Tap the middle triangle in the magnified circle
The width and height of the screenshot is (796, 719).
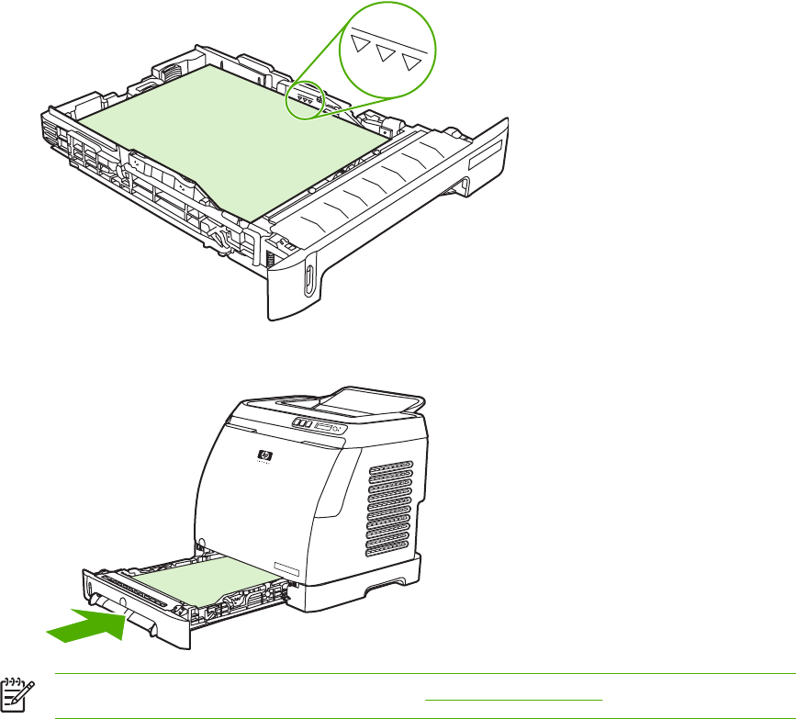click(387, 57)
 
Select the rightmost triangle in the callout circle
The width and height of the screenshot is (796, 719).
click(416, 62)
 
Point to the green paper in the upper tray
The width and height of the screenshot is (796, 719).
click(230, 138)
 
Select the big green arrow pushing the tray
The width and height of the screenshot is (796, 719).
click(87, 628)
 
